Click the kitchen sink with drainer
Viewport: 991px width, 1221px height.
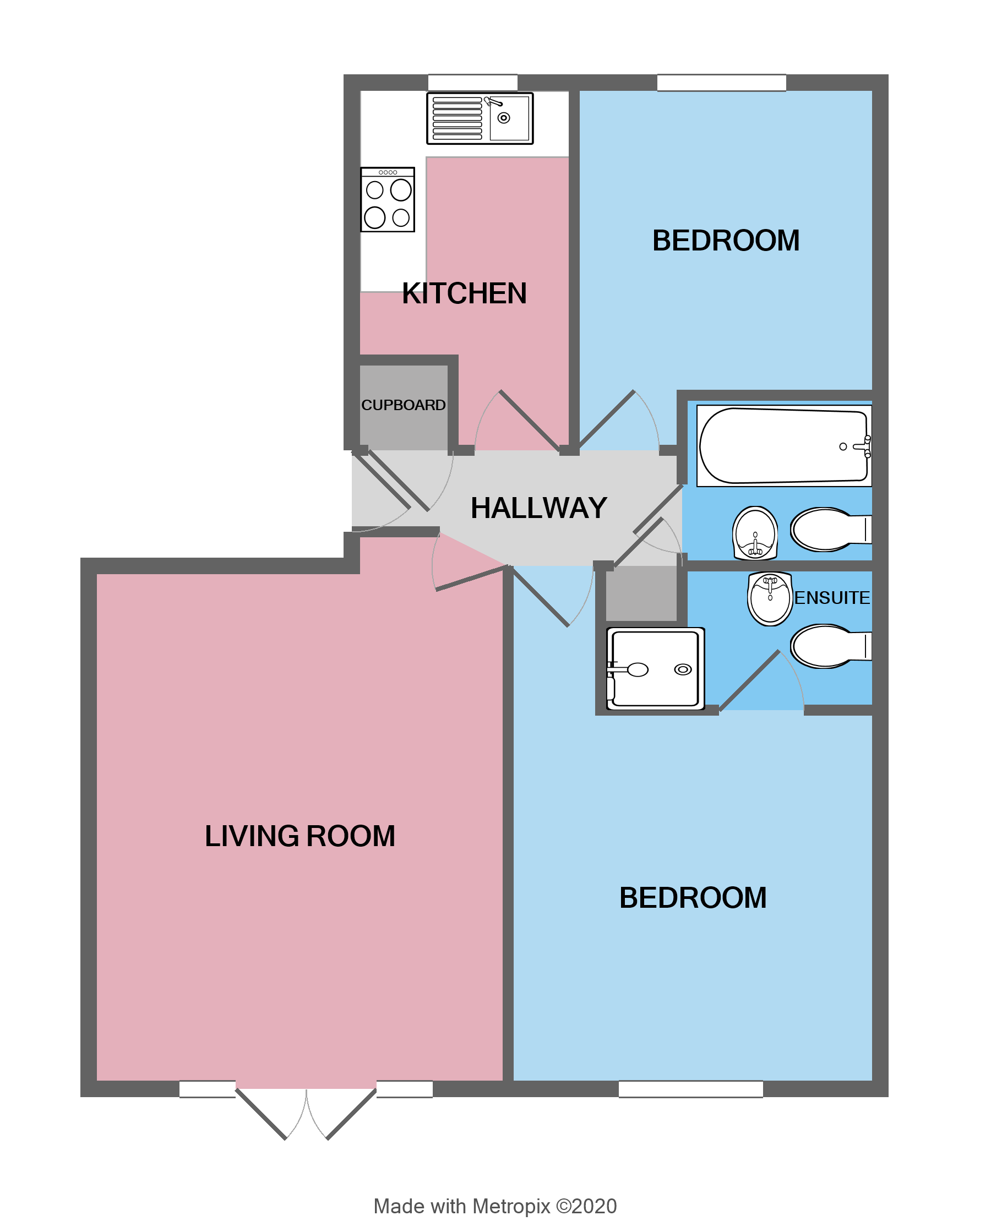point(480,118)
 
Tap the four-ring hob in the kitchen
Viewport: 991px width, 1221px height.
point(387,199)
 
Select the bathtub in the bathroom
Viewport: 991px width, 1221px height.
point(783,446)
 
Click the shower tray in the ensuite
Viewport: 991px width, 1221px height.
point(655,668)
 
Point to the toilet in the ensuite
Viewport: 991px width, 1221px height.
point(827,646)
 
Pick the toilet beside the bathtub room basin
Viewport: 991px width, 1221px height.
point(827,529)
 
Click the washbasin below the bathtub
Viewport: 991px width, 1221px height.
point(755,533)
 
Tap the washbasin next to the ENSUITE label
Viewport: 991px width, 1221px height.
point(770,598)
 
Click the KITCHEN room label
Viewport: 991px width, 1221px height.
point(464,293)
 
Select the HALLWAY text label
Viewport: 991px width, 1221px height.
point(538,508)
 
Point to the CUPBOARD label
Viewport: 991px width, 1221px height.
point(403,405)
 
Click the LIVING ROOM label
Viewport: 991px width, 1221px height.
point(300,836)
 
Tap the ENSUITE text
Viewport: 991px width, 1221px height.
point(832,598)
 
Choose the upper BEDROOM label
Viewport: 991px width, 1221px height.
point(726,241)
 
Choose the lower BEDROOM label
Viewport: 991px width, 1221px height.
point(693,897)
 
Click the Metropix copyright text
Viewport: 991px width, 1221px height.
point(495,1206)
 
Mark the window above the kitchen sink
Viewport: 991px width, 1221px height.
point(473,82)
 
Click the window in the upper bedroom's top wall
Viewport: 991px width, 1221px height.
point(721,82)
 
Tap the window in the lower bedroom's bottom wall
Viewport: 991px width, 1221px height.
point(690,1088)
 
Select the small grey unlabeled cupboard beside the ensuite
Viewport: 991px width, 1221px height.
point(641,592)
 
